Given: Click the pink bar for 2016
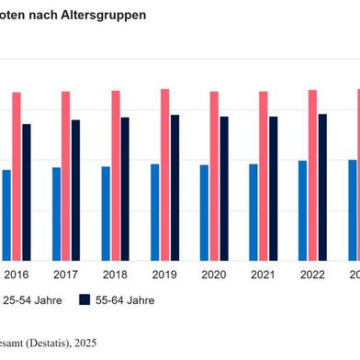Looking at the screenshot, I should [x=17, y=175].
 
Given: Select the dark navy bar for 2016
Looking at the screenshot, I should [x=27, y=192].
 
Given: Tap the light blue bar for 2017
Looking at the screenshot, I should [x=56, y=213].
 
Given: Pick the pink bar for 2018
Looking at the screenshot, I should [x=116, y=174].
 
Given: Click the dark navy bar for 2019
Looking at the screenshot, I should [x=174, y=187].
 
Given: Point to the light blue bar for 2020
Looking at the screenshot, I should [x=204, y=212].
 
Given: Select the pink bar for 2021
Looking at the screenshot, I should [x=264, y=175].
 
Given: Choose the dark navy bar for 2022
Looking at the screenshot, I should [x=322, y=186].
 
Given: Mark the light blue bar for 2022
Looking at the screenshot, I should [x=302, y=210].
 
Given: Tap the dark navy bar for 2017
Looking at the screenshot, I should [x=75, y=190].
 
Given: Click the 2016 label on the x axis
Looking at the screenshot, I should [x=17, y=276].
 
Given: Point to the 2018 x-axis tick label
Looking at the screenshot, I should [x=115, y=276].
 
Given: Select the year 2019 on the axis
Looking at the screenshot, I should [x=164, y=276].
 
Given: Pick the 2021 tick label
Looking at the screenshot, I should [x=264, y=276].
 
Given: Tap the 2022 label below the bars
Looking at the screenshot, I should [x=312, y=276].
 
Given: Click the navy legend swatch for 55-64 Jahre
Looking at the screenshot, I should [x=85, y=300].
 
